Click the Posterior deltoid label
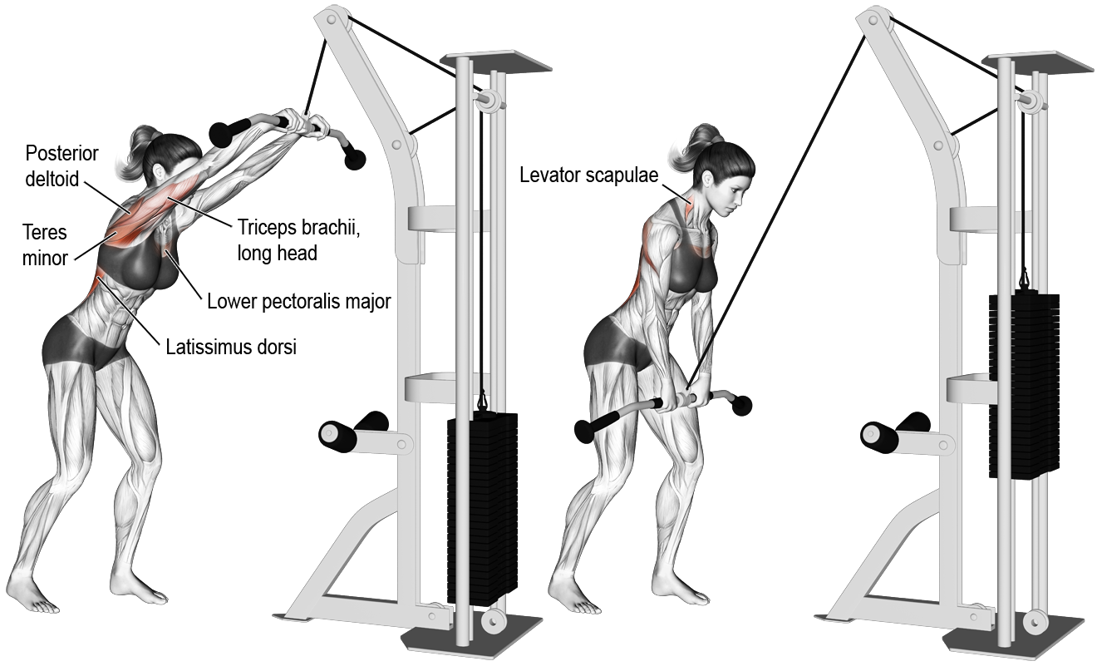(61, 166)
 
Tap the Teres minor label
(45, 245)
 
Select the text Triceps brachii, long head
(298, 240)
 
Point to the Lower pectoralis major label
(298, 301)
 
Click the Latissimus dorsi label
(231, 347)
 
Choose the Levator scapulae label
(588, 175)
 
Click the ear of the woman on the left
(158, 171)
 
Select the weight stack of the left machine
(482, 510)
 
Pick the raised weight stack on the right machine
(1024, 385)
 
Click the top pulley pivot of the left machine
(332, 20)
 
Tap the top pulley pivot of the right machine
(873, 20)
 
